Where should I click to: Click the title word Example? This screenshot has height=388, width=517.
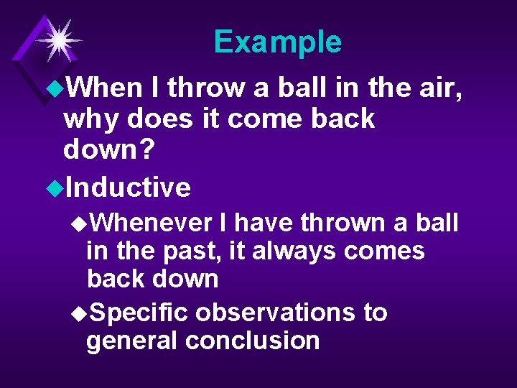[277, 42]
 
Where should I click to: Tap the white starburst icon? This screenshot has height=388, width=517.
[58, 40]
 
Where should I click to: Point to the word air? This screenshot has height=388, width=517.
[437, 88]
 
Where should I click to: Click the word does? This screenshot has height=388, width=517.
[158, 119]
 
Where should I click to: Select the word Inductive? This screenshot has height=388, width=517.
[127, 188]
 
